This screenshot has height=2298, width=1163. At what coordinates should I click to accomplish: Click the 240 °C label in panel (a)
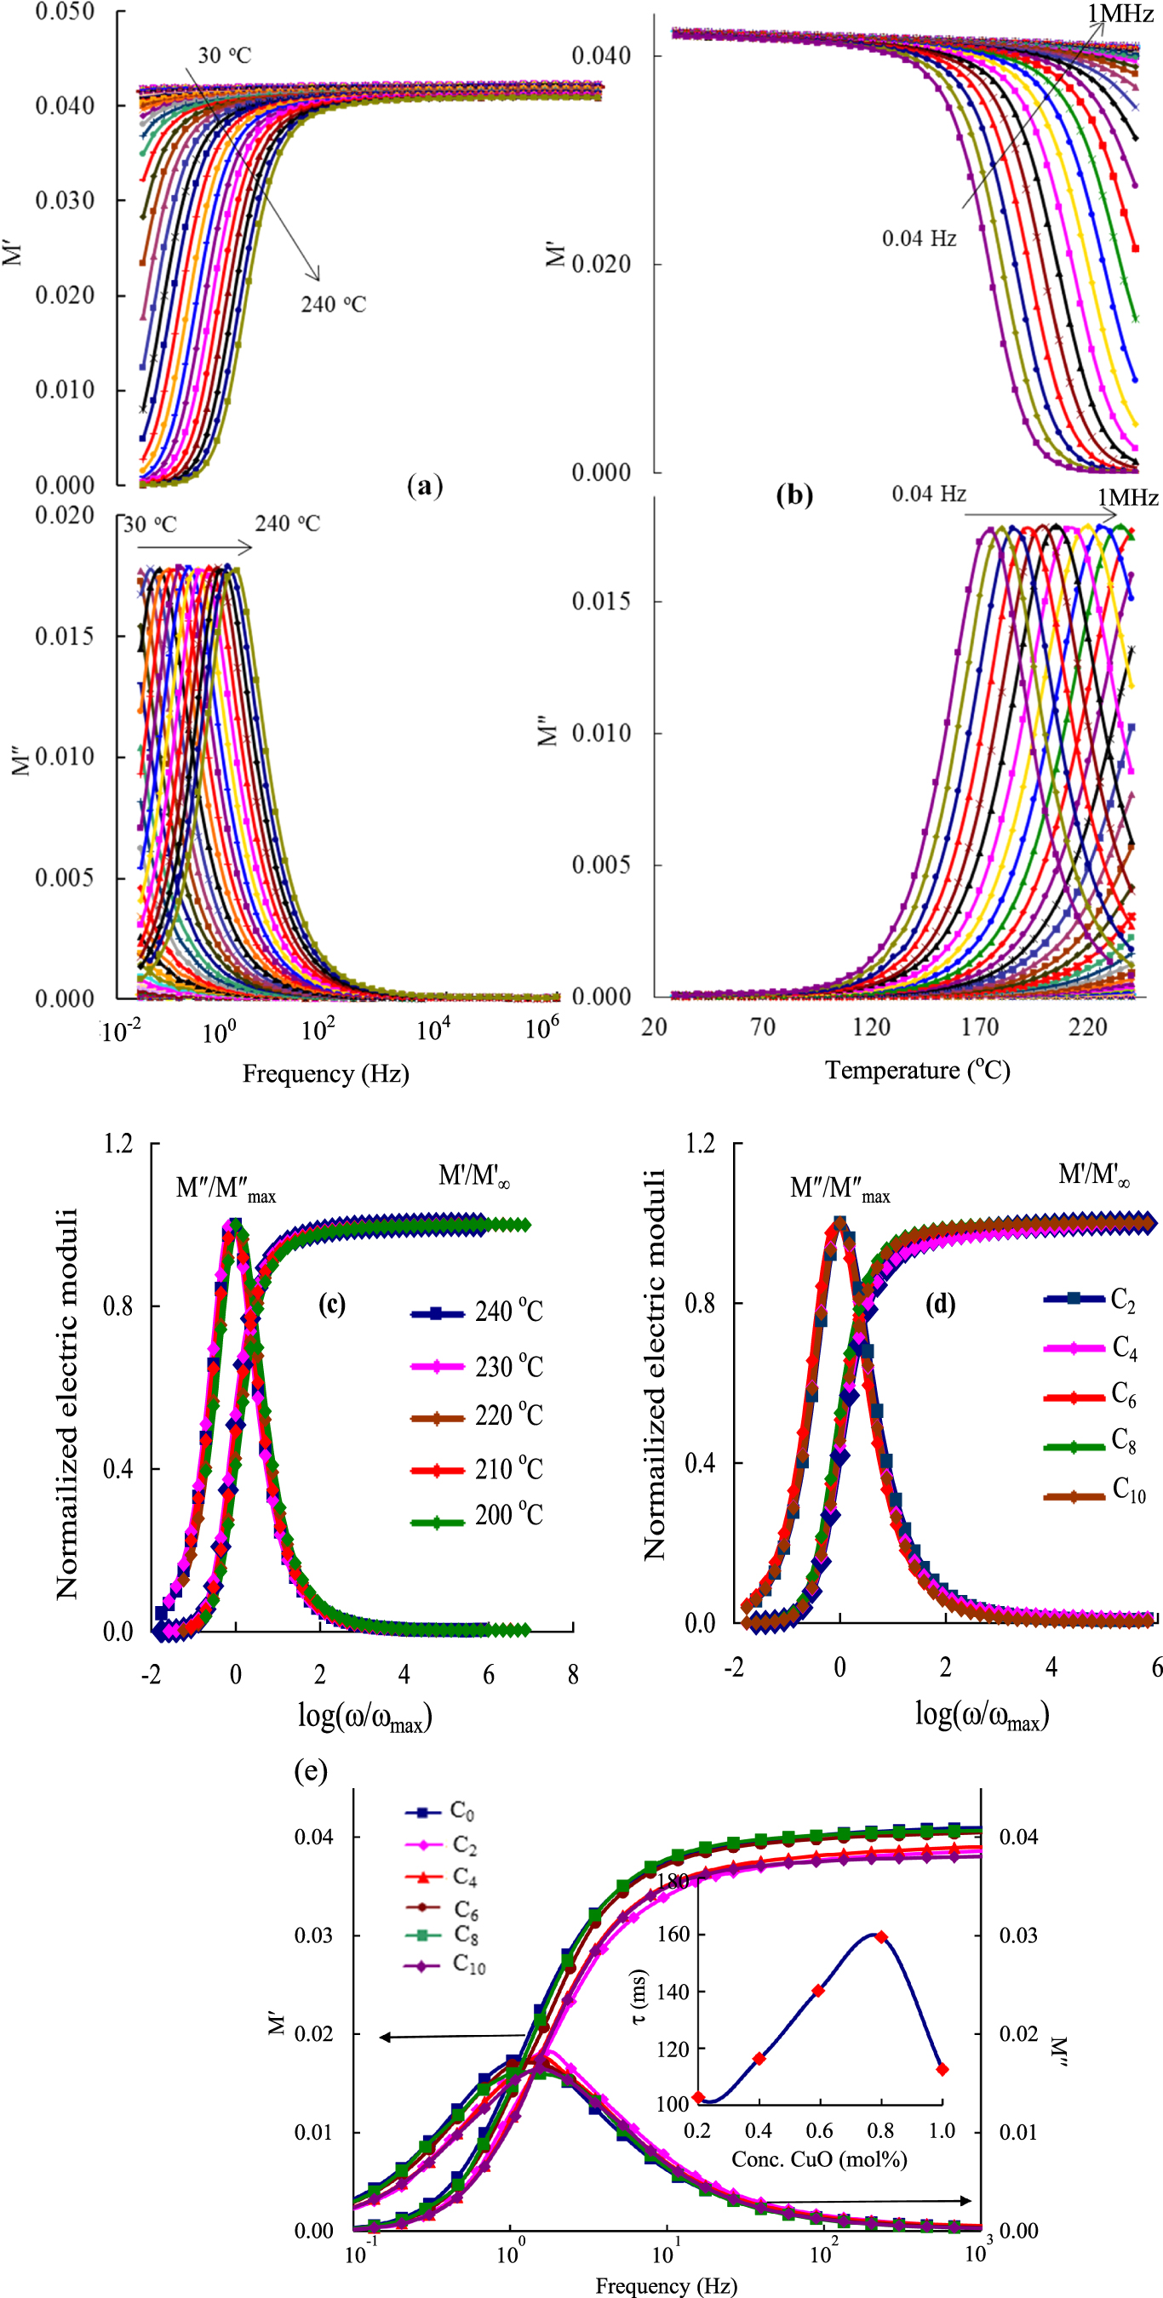[x=333, y=304]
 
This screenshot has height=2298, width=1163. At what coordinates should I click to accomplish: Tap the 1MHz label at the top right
[x=1120, y=14]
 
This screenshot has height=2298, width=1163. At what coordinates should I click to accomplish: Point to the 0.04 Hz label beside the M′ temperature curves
[x=919, y=238]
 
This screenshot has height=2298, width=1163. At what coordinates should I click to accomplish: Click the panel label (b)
[x=793, y=494]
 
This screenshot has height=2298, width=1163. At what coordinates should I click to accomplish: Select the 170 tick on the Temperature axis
[x=979, y=1026]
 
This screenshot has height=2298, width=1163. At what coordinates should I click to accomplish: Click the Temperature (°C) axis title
[x=917, y=1070]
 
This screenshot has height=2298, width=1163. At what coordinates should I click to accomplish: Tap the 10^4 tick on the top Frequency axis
[x=433, y=1031]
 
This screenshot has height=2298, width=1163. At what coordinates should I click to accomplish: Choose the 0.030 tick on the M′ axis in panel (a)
[x=64, y=201]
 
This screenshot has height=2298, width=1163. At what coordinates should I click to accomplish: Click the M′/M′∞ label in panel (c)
[x=474, y=1176]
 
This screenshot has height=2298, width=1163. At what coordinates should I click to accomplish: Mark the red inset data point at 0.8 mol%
[x=881, y=1937]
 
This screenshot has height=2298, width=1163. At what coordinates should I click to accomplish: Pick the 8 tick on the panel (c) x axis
[x=572, y=1674]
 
